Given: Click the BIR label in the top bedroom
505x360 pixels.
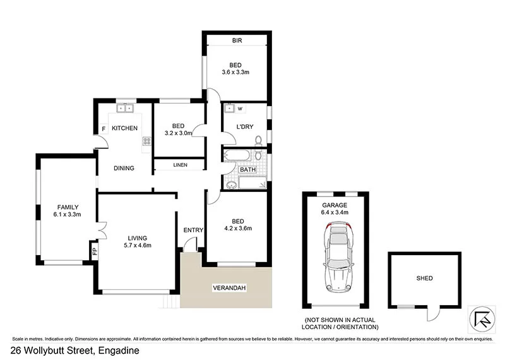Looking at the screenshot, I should tap(236, 41).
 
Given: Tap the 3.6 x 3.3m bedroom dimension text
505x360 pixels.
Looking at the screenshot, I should tap(236, 73).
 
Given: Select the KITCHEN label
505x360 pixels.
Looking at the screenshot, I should tap(125, 128).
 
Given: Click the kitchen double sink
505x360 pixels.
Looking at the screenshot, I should tap(125, 108).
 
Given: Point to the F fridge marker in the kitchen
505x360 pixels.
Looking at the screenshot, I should tap(103, 131).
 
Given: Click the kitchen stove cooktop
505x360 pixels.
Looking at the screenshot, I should tap(147, 143).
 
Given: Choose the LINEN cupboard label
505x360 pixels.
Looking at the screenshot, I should tap(179, 165).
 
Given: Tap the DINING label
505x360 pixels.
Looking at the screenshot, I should tap(124, 168).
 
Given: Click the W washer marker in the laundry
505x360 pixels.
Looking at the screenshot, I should tap(240, 109).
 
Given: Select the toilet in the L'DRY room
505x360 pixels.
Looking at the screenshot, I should tap(258, 140).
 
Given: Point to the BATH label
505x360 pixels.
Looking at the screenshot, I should tap(248, 170).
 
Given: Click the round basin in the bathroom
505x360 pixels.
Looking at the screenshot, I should tap(231, 184).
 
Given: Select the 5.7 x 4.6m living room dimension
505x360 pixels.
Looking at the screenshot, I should tap(138, 245).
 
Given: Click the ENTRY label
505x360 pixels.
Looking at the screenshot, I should tap(193, 230).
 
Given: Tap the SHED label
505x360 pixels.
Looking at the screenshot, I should tap(425, 278).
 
